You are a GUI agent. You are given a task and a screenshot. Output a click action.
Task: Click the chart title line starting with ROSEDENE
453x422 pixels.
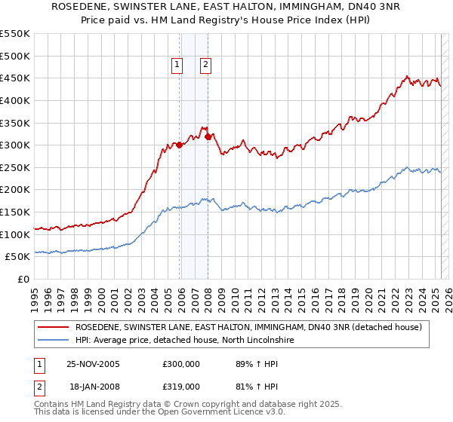point(226,7)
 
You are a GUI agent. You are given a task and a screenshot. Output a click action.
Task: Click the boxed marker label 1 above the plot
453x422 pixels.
point(177,65)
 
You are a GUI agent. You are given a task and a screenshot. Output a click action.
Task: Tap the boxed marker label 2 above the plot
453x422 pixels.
point(205,65)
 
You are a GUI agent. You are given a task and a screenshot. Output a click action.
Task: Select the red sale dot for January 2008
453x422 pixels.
point(208,136)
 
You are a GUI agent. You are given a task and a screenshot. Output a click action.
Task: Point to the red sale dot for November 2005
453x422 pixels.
point(180,145)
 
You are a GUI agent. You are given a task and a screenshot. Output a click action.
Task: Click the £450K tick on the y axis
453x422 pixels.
point(16,78)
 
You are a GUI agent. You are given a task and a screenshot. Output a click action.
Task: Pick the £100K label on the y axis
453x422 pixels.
point(16,235)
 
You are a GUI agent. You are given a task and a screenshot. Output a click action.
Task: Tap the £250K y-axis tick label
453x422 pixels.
point(16,168)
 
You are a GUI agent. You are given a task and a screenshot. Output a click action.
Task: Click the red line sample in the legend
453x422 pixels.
point(53,327)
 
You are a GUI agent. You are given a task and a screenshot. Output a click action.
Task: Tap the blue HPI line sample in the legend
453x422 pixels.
point(53,341)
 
